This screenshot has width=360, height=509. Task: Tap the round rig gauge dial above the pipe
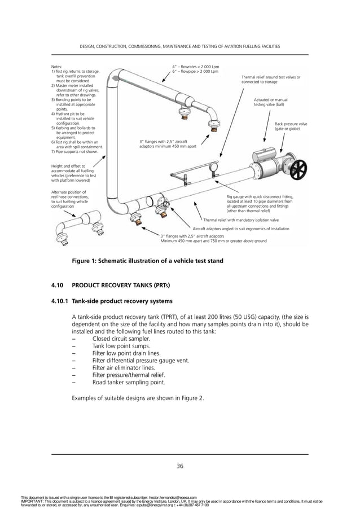coord(214,167)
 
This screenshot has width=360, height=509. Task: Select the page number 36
coord(180,466)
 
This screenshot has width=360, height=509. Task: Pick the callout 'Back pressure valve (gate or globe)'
coord(291,126)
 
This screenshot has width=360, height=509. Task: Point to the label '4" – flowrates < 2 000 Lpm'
coord(195,67)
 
